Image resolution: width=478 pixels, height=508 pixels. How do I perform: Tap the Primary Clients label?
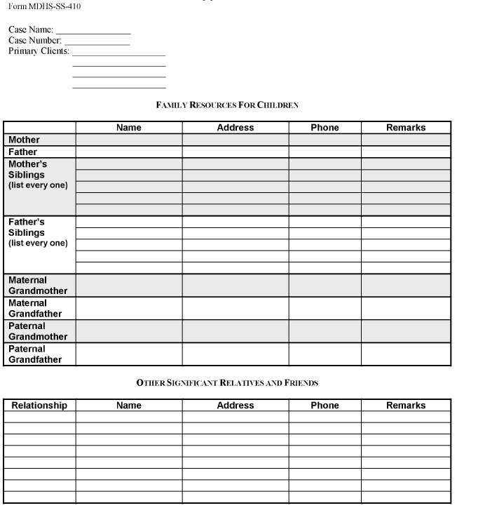point(39,51)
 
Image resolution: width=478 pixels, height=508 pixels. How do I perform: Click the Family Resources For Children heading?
point(227,105)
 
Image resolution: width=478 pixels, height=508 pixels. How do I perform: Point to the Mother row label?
point(25,140)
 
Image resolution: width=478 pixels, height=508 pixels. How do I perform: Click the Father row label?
point(23,152)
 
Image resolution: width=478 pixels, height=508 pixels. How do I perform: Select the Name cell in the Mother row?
point(129,140)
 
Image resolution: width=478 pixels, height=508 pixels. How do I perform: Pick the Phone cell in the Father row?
point(325,152)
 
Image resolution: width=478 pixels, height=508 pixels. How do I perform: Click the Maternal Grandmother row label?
point(38,285)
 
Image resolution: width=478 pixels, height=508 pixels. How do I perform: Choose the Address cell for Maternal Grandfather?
point(235,308)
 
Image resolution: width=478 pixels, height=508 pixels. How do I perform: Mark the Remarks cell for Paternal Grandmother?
point(406,331)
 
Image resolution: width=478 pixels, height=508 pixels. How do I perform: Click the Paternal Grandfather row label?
point(35,354)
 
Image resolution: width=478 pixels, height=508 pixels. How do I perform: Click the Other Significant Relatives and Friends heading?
point(227,383)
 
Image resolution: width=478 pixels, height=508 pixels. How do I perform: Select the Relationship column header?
point(39,406)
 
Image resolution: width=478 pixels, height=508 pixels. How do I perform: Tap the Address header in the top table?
point(235,128)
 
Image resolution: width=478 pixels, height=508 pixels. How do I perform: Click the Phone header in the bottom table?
point(325,406)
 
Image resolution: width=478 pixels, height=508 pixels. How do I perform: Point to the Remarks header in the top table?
point(406,128)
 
